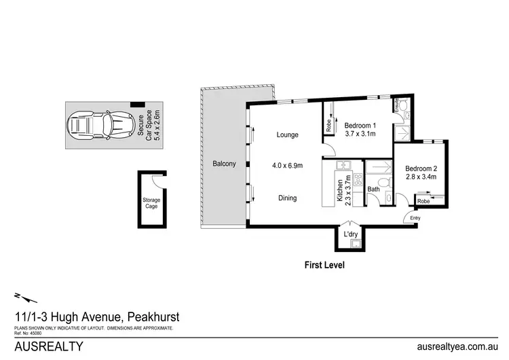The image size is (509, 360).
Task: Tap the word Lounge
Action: pyautogui.click(x=287, y=134)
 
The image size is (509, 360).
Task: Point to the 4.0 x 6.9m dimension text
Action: pyautogui.click(x=287, y=165)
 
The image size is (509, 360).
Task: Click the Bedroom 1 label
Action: pyautogui.click(x=360, y=126)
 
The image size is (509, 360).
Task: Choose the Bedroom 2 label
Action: pyautogui.click(x=421, y=168)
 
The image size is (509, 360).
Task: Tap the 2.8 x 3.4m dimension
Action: pyautogui.click(x=421, y=178)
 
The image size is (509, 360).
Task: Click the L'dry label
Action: pyautogui.click(x=352, y=234)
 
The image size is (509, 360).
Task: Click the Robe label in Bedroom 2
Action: pyautogui.click(x=424, y=202)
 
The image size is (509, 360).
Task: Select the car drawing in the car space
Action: pyautogui.click(x=98, y=126)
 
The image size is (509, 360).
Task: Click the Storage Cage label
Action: pyautogui.click(x=151, y=202)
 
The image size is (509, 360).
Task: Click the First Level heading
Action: pyautogui.click(x=324, y=265)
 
